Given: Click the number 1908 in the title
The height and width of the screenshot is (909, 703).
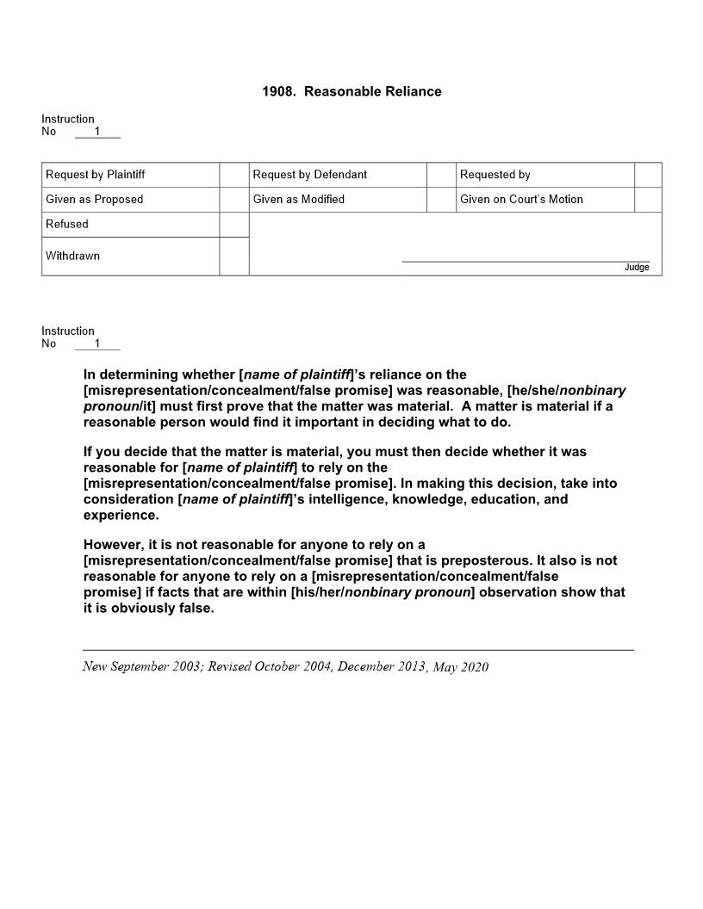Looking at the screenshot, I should pos(278,91).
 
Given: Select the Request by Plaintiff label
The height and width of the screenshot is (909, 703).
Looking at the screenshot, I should pos(96,175).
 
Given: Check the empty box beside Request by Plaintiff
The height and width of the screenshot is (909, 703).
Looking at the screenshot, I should pos(233,175).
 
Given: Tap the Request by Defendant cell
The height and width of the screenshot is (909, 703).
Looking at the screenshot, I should pos(310,175).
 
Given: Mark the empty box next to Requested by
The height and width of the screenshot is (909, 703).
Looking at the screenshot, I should pos(648,175).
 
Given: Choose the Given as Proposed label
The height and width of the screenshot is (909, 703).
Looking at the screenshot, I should pos(95,200).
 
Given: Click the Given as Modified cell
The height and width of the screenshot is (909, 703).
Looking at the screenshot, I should pos(299,200).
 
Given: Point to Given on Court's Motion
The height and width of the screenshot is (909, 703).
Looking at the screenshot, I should pos(521,200).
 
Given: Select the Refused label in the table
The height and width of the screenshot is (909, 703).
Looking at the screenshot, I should pos(67,225).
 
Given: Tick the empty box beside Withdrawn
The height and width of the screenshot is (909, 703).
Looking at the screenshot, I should pos(233,257).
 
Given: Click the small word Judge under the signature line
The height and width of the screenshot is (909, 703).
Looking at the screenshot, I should pos(637,268).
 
